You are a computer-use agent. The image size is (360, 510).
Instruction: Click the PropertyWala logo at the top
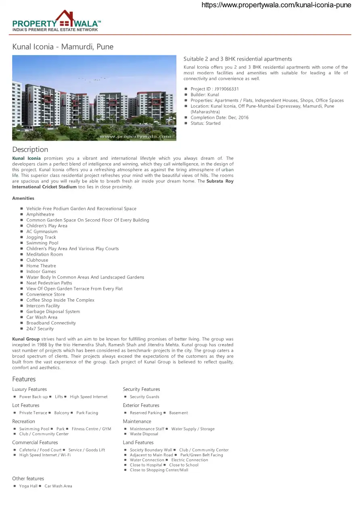pyautogui.click(x=57, y=21)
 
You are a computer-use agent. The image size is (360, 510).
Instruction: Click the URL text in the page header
pyautogui.click(x=276, y=5)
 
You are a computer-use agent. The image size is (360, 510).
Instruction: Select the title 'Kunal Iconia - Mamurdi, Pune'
pyautogui.click(x=63, y=47)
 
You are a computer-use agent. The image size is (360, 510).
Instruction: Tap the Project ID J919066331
pyautogui.click(x=215, y=89)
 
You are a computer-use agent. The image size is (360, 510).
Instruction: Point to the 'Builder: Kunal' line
pyautogui.click(x=205, y=94)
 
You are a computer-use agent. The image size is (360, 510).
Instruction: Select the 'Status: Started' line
pyautogui.click(x=205, y=123)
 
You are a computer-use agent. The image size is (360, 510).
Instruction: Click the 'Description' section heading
pyautogui.click(x=30, y=149)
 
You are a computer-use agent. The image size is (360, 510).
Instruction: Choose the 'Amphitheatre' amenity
pyautogui.click(x=40, y=214)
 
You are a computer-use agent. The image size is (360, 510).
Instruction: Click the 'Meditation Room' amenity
pyautogui.click(x=44, y=254)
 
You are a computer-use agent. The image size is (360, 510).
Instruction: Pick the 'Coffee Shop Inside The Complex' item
pyautogui.click(x=60, y=300)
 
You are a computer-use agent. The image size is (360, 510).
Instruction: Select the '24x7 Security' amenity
pyautogui.click(x=40, y=329)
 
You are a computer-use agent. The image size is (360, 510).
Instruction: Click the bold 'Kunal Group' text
pyautogui.click(x=26, y=339)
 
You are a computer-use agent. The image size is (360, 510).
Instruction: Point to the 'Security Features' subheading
pyautogui.click(x=141, y=389)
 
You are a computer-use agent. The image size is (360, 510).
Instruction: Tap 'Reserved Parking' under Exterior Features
pyautogui.click(x=146, y=413)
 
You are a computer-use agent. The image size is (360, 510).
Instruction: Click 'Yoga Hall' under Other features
pyautogui.click(x=28, y=486)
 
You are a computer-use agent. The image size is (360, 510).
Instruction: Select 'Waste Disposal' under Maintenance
pyautogui.click(x=144, y=434)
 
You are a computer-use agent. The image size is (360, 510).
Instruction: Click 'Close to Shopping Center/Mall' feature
pyautogui.click(x=159, y=470)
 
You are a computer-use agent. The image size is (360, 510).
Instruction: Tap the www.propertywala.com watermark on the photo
pyautogui.click(x=135, y=136)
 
